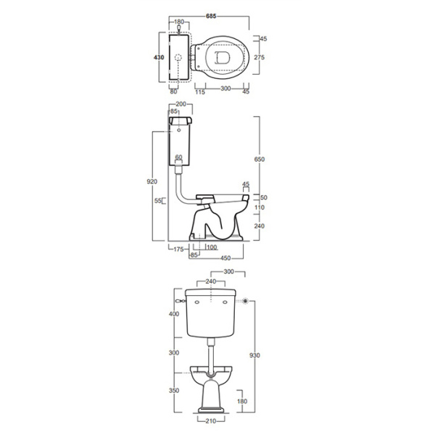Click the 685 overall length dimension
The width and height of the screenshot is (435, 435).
click(211, 16)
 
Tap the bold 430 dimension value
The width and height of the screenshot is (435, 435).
click(159, 57)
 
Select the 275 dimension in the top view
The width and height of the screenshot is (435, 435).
click(260, 57)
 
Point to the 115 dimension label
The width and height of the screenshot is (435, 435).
click(200, 91)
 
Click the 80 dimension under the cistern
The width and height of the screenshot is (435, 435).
click(173, 91)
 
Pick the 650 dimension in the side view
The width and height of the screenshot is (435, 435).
click(260, 159)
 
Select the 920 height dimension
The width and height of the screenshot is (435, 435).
click(152, 181)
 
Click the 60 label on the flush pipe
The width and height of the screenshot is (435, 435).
click(178, 157)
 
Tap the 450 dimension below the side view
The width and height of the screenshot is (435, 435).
click(225, 258)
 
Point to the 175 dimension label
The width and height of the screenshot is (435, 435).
click(178, 249)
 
